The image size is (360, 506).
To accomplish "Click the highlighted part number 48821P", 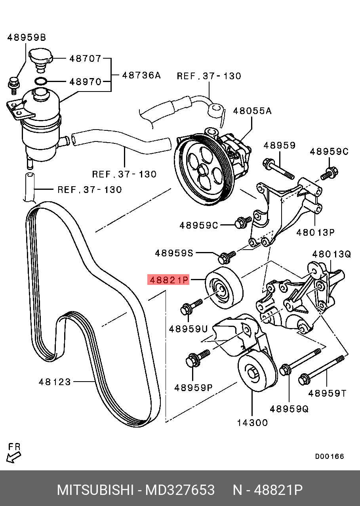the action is pyautogui.click(x=168, y=280).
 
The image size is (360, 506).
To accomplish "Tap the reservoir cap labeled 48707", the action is pyautogui.click(x=41, y=60).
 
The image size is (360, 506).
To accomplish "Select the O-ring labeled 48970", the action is pyautogui.click(x=41, y=81).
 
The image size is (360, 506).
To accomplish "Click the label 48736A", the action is pyautogui.click(x=141, y=75).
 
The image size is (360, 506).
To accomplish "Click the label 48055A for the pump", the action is pyautogui.click(x=252, y=111).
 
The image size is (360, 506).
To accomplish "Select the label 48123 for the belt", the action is pyautogui.click(x=55, y=382).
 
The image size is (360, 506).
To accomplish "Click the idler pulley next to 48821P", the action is pyautogui.click(x=225, y=288).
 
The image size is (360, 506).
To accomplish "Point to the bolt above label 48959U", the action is pyautogui.click(x=191, y=306).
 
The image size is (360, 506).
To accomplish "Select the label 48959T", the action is pyautogui.click(x=327, y=393).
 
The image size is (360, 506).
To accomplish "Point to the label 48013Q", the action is pyautogui.click(x=331, y=254).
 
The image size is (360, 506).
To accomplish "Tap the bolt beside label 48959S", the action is pyautogui.click(x=227, y=257).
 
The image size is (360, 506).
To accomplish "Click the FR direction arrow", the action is pyautogui.click(x=13, y=458).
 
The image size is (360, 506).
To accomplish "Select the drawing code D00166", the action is pyautogui.click(x=330, y=456).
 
